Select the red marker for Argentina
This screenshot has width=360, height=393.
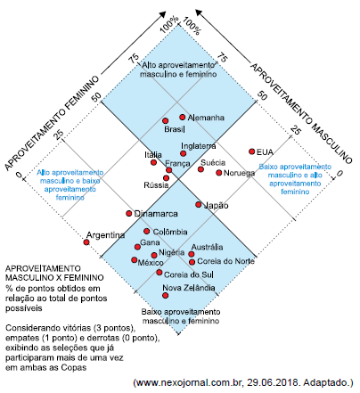(86, 241)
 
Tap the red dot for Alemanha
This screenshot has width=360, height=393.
(182, 117)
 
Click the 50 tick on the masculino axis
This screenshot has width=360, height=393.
(263, 93)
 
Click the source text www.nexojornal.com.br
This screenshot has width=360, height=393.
(190, 382)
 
